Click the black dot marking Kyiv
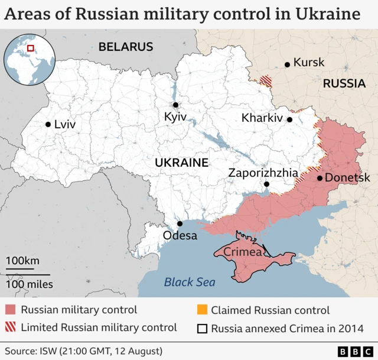175,105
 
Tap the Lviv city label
65,125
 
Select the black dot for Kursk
287,64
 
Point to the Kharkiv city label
262,118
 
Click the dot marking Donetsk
320,178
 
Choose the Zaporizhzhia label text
263,173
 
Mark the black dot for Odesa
180,223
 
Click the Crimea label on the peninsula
243,252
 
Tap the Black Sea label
190,282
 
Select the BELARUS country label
126,47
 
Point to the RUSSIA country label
344,84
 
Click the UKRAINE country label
181,163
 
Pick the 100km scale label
23,261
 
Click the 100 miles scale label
30,284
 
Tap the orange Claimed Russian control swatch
201,310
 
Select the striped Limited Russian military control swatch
11,327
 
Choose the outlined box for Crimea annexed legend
201,327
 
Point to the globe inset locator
30,59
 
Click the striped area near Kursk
267,81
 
